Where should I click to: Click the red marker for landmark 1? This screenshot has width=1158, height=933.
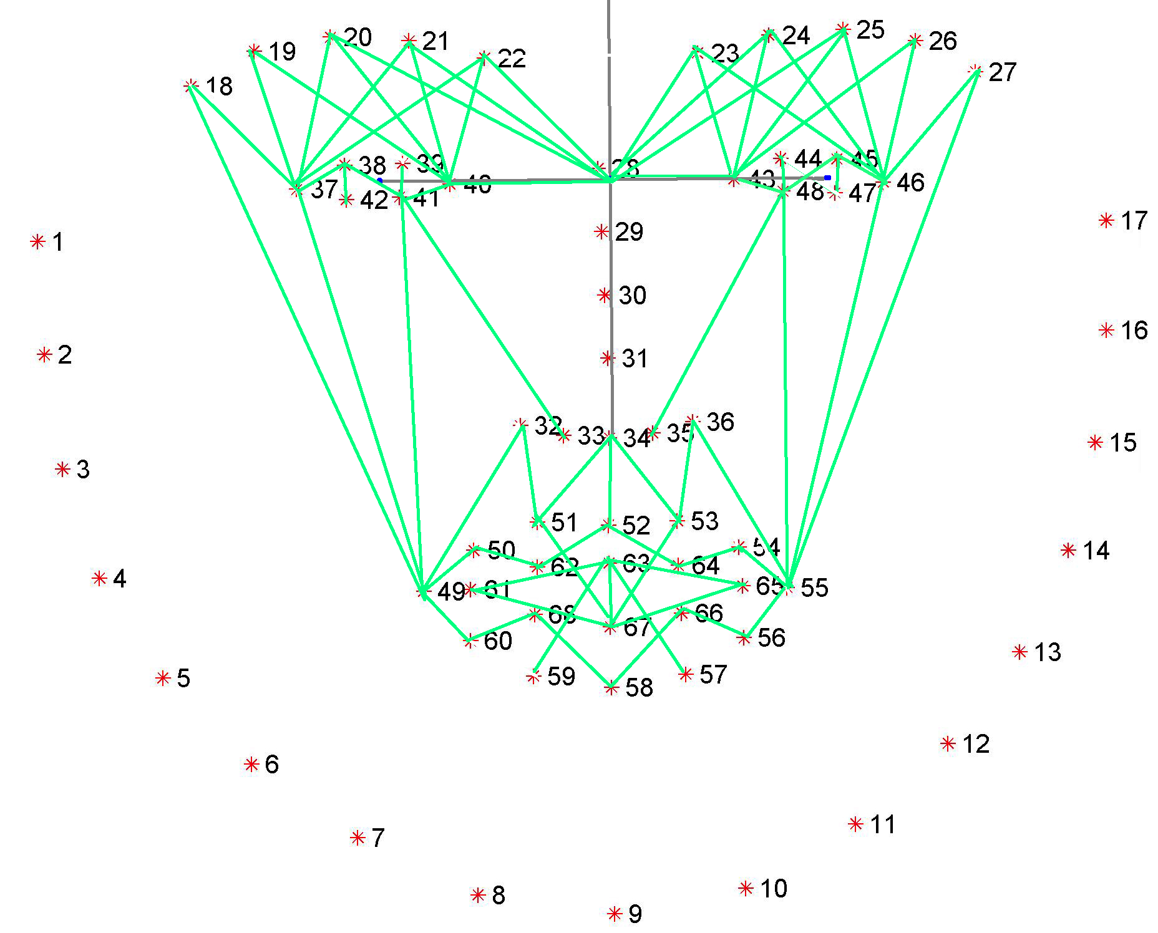[38, 241]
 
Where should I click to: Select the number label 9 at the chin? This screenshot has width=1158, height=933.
[635, 914]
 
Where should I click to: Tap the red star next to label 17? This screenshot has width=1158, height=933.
[1106, 220]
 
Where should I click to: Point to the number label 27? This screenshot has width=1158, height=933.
[1002, 72]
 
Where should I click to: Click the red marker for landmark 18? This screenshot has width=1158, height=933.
[192, 86]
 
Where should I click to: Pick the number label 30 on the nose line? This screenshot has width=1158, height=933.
[632, 295]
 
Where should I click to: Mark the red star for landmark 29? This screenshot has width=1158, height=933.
[601, 232]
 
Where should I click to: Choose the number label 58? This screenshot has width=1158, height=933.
[639, 687]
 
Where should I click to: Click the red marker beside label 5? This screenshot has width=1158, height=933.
[163, 678]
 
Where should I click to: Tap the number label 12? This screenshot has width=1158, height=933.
[976, 743]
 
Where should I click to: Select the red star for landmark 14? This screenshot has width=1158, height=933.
[1068, 550]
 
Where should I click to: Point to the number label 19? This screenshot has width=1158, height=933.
[282, 51]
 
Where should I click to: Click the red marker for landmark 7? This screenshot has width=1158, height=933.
[358, 838]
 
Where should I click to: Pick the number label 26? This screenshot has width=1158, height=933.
[942, 41]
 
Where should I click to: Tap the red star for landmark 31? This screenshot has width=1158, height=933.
[608, 358]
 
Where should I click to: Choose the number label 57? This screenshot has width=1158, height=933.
[713, 674]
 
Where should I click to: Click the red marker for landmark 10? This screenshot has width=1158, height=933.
[746, 889]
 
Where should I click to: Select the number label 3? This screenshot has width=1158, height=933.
[83, 469]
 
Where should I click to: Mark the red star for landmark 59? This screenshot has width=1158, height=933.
[533, 677]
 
